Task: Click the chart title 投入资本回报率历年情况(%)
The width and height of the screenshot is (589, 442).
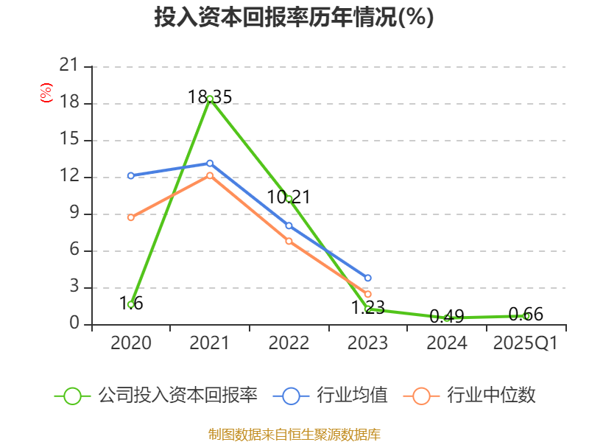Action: click(294, 18)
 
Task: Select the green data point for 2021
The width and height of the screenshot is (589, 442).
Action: click(210, 99)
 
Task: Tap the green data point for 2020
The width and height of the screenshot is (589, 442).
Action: click(130, 304)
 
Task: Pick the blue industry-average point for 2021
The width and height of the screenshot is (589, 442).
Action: click(210, 163)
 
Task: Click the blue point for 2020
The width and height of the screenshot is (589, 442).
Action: click(130, 175)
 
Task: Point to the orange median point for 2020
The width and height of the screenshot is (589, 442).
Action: click(130, 217)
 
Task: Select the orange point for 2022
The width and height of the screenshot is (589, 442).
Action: click(289, 241)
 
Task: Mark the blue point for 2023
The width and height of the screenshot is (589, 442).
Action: click(367, 278)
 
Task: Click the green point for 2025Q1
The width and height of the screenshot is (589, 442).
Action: click(526, 316)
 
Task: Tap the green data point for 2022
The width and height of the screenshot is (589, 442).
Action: click(289, 198)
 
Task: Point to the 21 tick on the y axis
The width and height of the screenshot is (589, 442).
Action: click(68, 66)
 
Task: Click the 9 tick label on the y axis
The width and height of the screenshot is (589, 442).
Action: click(73, 214)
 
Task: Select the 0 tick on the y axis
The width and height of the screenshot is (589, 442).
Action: click(73, 324)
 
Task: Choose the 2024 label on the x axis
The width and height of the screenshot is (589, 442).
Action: click(447, 343)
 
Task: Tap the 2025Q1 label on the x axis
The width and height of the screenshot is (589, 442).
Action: click(526, 343)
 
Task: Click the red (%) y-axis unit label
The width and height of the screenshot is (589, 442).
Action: click(46, 93)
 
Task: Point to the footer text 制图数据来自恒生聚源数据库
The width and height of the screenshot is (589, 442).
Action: click(294, 434)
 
